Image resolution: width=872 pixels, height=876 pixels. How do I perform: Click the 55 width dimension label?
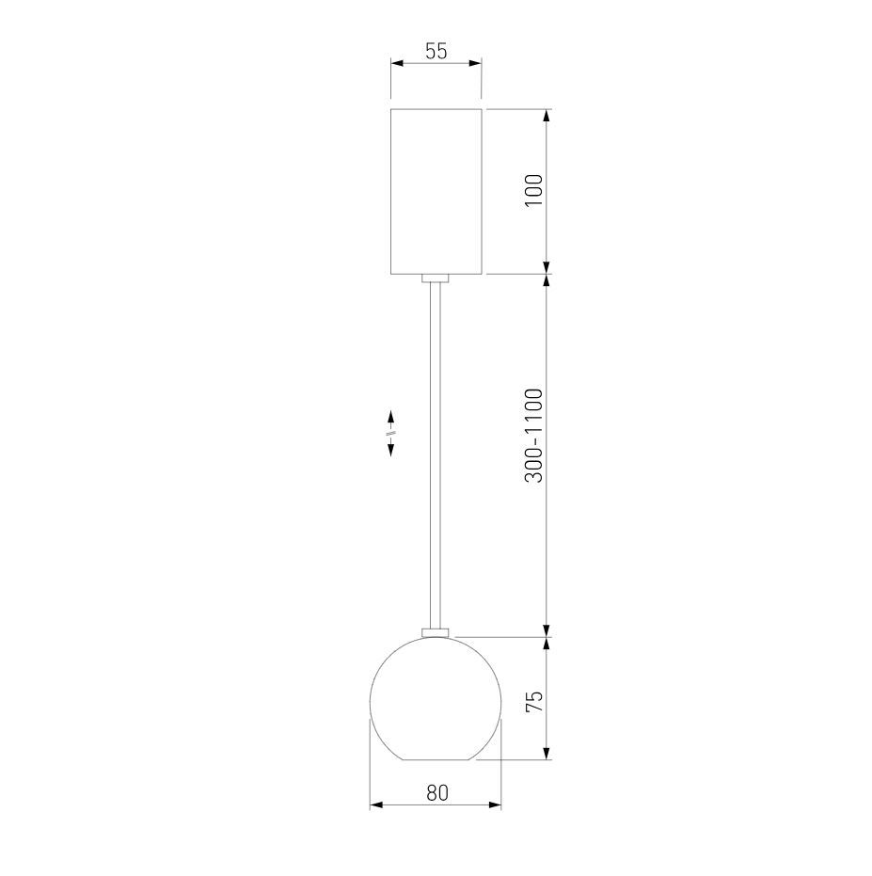[436, 51]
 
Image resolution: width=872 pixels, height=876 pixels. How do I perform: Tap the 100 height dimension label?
[534, 190]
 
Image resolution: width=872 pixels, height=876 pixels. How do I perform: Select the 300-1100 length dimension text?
[534, 436]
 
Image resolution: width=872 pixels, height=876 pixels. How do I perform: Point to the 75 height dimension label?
[534, 701]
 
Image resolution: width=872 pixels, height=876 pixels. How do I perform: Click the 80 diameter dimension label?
[437, 793]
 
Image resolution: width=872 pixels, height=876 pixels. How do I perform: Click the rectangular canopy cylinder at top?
[436, 191]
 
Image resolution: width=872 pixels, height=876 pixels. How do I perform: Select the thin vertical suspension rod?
[436, 455]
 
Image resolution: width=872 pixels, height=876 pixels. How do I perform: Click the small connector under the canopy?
[436, 279]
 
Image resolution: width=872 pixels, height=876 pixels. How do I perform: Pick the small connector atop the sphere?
[436, 632]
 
